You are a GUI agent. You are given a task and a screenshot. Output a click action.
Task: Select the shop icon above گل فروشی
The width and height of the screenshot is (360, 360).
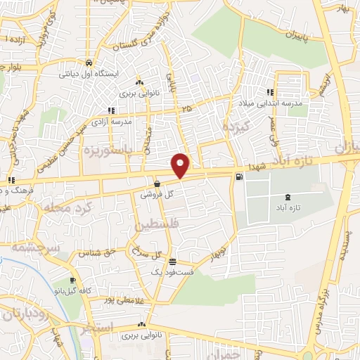click(157, 184)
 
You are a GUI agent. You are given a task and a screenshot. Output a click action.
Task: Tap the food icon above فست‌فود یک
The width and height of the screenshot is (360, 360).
click(163, 262)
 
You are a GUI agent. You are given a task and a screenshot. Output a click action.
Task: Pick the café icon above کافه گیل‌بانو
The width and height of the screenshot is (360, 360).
click(73, 281)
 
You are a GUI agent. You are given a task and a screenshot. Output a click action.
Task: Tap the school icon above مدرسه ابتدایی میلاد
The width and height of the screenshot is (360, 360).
click(271, 92)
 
